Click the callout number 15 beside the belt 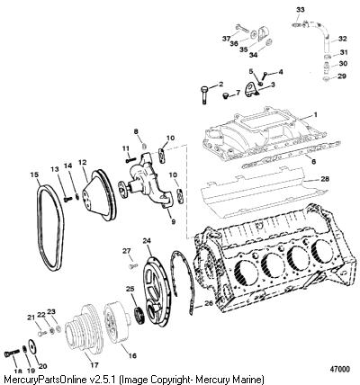point(35,174)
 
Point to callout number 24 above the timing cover point(147,241)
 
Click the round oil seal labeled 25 point(139,316)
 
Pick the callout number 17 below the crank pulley point(94,365)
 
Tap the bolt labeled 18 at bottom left point(11,354)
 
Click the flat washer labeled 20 point(31,346)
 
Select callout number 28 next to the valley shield point(325,179)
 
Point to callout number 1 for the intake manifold point(315,114)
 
